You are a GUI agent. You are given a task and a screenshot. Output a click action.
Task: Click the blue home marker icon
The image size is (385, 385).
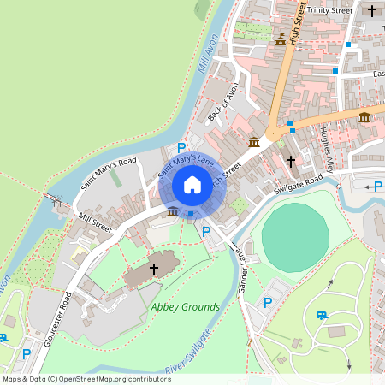tap(192, 185)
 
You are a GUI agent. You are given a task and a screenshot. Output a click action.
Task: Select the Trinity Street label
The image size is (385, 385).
tap(330, 10)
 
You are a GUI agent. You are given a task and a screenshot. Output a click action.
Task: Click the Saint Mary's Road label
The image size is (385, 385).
tap(109, 174)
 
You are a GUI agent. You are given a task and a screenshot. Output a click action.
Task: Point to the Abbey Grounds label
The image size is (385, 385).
tap(186, 307)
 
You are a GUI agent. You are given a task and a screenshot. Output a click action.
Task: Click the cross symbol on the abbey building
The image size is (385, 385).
tap(154, 269)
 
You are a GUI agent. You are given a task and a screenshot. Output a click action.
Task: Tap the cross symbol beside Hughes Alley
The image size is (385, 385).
tap(291, 160)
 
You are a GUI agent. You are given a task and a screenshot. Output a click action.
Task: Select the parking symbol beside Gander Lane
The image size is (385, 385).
tap(268, 302)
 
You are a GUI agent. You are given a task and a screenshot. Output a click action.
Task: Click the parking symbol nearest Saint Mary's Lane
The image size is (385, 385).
tap(181, 148)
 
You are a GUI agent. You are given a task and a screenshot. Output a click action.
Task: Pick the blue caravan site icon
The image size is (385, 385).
tap(321, 315)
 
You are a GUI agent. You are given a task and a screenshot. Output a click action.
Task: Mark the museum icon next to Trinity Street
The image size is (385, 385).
tap(280, 39)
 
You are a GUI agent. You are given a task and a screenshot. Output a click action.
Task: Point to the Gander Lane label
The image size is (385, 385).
tap(241, 269)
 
